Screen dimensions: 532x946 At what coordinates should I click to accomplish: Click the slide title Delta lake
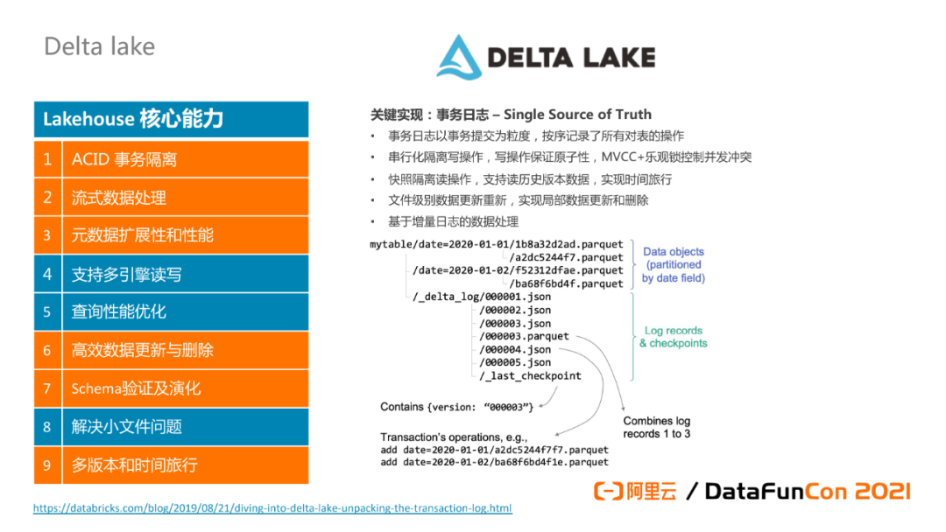pos(99,46)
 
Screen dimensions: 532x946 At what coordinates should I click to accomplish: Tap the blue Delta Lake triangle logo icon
pos(460,57)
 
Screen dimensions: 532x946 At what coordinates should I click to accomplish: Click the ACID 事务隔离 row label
pos(124,159)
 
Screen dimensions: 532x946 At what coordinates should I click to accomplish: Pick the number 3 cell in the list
pos(48,235)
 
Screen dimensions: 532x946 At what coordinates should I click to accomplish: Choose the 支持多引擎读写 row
pos(127,274)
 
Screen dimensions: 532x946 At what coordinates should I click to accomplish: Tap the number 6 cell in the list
pos(48,350)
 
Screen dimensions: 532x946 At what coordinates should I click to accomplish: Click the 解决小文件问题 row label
pos(127,427)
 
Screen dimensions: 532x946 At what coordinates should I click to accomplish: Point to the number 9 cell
pos(48,465)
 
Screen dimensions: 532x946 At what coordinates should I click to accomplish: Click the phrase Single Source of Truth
pos(577,115)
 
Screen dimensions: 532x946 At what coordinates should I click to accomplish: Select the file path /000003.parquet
pos(524,336)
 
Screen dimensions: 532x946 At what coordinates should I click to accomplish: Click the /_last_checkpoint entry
pos(530,375)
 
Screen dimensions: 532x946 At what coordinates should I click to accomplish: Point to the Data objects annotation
pos(673,264)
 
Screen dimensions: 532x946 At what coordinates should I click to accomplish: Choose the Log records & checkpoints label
pos(673,337)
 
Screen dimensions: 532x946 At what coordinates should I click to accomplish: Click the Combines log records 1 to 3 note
pos(657,428)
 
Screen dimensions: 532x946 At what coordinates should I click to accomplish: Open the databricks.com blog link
pos(272,508)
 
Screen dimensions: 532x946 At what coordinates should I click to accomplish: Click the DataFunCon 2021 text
pos(807,492)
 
